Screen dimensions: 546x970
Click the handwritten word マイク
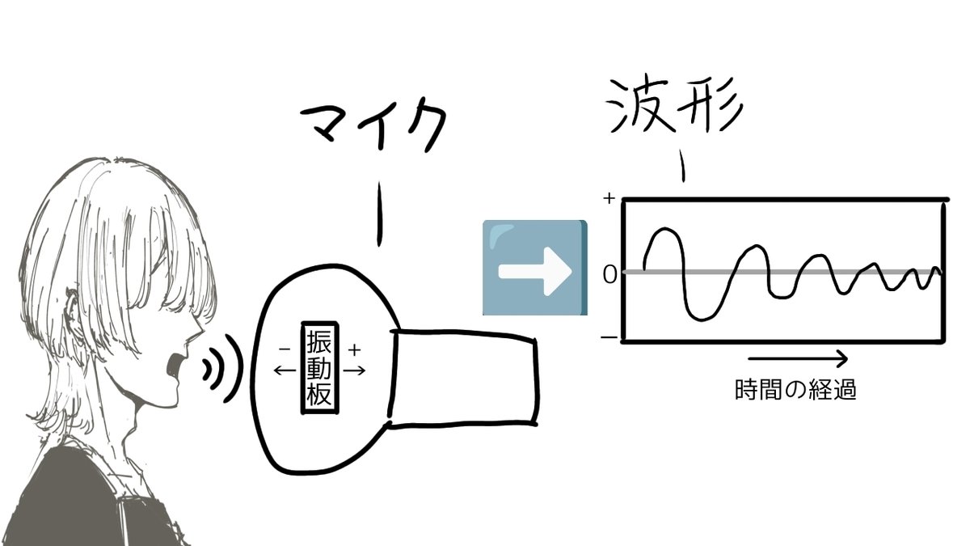coord(374,129)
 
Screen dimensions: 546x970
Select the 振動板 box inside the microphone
coord(318,370)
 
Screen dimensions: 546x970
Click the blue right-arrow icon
coord(534,267)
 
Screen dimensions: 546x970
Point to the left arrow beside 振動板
coord(285,370)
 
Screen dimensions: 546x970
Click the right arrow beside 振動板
coord(354,370)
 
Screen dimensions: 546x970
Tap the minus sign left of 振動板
coord(284,349)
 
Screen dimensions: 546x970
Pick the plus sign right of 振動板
coord(354,349)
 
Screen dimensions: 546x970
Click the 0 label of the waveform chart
coord(609,274)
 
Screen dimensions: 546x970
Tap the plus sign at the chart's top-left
coord(609,197)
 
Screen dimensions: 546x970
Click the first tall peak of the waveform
coord(664,231)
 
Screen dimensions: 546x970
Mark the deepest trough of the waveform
coord(701,317)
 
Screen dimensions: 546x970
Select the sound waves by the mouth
coord(221,368)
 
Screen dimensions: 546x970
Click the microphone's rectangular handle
coord(465,376)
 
